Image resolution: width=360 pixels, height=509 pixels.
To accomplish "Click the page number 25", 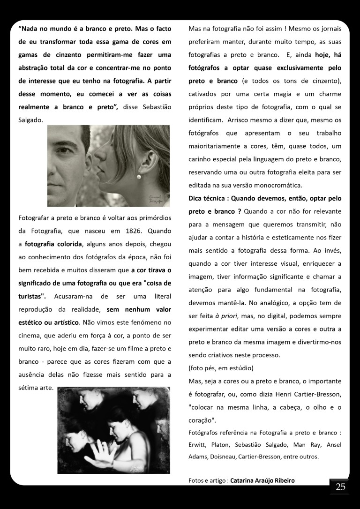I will [x=340, y=487].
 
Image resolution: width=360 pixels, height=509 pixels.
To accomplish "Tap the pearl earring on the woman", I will [x=139, y=177].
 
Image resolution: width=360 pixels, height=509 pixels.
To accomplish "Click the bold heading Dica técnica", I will [x=208, y=198].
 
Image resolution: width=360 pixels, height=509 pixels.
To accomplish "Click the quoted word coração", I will [x=201, y=420].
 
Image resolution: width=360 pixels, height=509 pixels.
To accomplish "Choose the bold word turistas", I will [x=32, y=296].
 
